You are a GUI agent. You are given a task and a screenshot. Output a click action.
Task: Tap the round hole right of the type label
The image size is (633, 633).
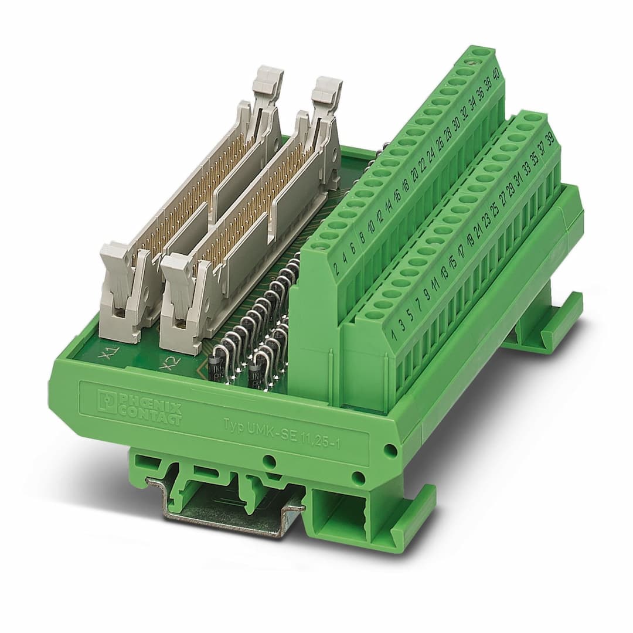pyautogui.click(x=389, y=450)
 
